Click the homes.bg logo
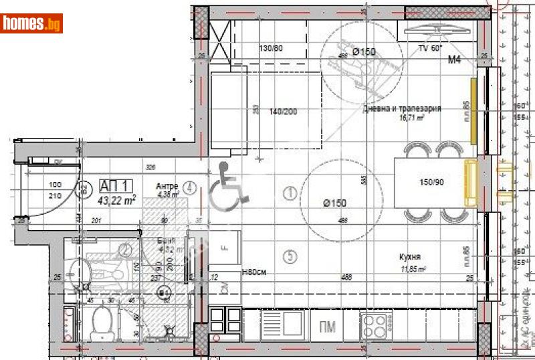(x=32, y=23)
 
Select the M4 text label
(x=455, y=60)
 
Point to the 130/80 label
(x=271, y=48)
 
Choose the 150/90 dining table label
(x=432, y=182)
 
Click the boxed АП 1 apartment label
(x=117, y=186)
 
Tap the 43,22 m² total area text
(x=118, y=199)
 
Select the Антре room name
(x=167, y=187)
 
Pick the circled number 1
(x=290, y=193)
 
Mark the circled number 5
(x=290, y=255)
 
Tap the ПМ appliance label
(x=328, y=326)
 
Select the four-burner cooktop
(x=375, y=326)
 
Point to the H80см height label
(x=254, y=272)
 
